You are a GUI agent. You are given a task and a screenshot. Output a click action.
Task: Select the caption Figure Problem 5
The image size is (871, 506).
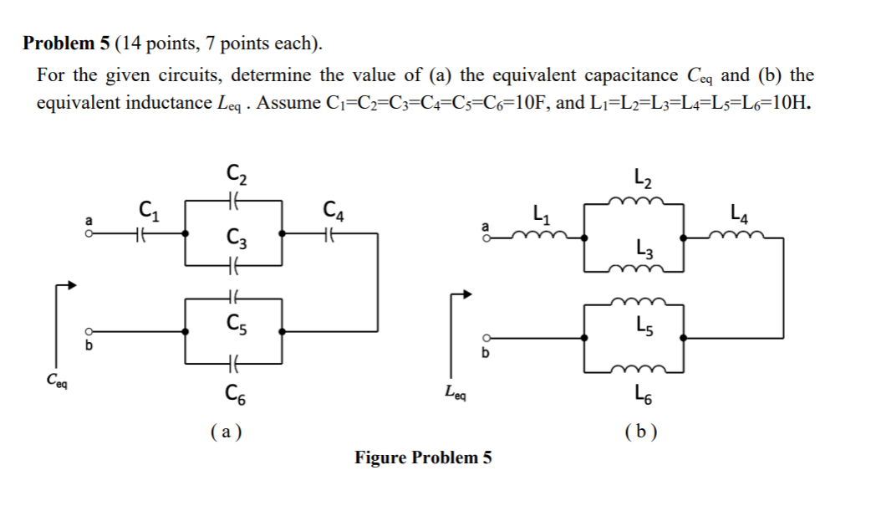point(423,457)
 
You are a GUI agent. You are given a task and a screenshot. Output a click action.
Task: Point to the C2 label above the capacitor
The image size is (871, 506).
point(235,176)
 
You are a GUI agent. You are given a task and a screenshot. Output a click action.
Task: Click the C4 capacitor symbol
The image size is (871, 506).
point(331,235)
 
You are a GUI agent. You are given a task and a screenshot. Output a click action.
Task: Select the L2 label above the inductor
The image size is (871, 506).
point(644,176)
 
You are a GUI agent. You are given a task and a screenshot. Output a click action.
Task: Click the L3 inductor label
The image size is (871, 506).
point(643,248)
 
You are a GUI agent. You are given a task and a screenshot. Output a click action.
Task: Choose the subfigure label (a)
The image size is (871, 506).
point(224,432)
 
